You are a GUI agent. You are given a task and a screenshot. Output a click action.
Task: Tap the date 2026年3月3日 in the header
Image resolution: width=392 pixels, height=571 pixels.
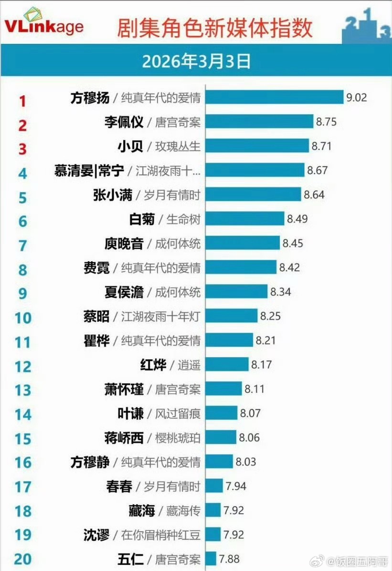pos(196,61)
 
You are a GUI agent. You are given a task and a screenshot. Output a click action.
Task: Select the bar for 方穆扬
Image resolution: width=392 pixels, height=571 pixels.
pos(275,97)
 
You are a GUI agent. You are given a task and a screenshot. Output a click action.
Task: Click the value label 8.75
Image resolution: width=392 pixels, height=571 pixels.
pos(326,122)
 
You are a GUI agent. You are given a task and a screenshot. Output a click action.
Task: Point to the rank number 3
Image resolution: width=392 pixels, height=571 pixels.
pos(23,149)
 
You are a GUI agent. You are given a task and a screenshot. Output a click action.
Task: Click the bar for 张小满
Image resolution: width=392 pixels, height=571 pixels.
pos(254,194)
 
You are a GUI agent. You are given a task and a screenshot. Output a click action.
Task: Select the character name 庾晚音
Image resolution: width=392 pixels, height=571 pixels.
pos(124,244)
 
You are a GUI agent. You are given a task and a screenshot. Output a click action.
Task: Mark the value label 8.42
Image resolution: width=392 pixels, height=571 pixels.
pos(289,267)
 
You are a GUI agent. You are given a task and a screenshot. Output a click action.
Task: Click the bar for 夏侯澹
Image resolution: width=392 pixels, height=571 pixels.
pos(237,291)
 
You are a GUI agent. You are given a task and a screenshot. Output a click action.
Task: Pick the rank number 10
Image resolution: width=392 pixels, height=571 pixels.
pos(23,317)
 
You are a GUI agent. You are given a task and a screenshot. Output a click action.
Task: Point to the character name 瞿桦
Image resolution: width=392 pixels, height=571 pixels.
pos(96,340)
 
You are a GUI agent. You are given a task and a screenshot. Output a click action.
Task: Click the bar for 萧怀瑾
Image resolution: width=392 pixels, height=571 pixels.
pos(224,388)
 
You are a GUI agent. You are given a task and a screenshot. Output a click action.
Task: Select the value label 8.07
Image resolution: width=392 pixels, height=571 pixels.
pos(250,413)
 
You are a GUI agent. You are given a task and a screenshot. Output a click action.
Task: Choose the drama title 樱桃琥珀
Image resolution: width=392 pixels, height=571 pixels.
pos(178,438)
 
